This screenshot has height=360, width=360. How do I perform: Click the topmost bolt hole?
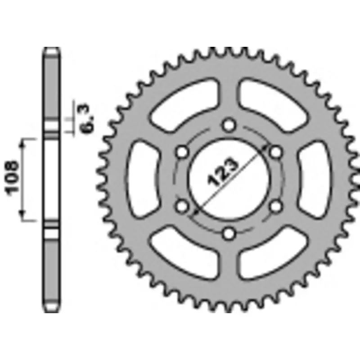tap(229, 125)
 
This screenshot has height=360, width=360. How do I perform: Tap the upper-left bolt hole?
tap(182, 152)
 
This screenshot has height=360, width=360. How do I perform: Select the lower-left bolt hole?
tap(182, 206)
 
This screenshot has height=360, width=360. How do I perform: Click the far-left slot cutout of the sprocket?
tap(143, 179)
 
